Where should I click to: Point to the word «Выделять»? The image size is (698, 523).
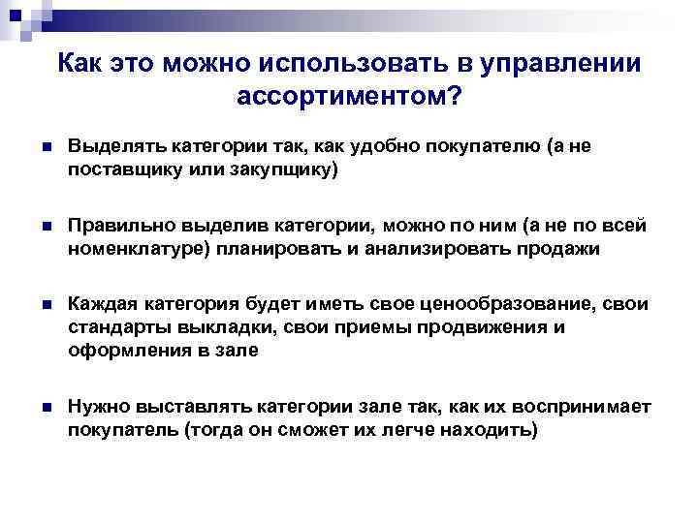(117, 146)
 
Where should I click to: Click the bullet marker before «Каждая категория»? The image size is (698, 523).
(34, 305)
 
